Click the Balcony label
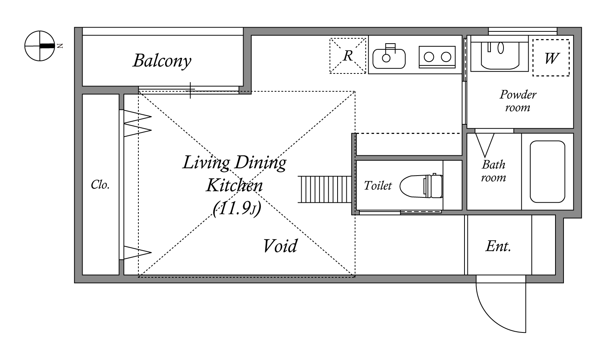pyautogui.click(x=162, y=61)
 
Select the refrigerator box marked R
pyautogui.click(x=348, y=55)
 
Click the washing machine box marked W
pyautogui.click(x=551, y=58)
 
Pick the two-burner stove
pyautogui.click(x=437, y=57)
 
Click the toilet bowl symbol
pyautogui.click(x=421, y=186)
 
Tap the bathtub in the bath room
pyautogui.click(x=547, y=171)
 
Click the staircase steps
pyautogui.click(x=325, y=189)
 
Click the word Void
pyautogui.click(x=280, y=246)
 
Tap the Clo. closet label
pyautogui.click(x=100, y=185)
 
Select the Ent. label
pyautogui.click(x=498, y=246)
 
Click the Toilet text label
pyautogui.click(x=378, y=186)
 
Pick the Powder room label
pyautogui.click(x=518, y=101)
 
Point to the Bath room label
pyautogui.click(x=493, y=171)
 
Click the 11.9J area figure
pyautogui.click(x=237, y=209)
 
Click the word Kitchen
pyautogui.click(x=234, y=186)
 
